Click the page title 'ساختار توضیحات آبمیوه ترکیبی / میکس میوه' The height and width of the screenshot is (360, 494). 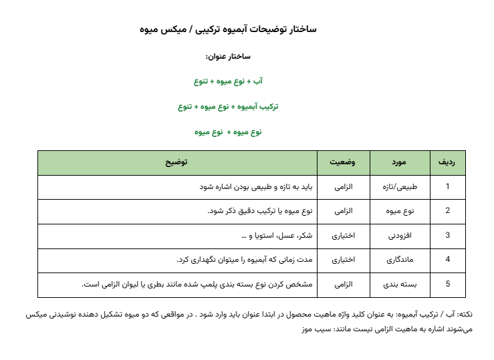229,29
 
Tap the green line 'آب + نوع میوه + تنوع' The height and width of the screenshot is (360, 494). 229,81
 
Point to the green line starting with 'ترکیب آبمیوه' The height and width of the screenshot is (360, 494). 229,106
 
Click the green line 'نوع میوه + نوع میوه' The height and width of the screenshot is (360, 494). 229,132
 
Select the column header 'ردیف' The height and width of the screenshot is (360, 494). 447,162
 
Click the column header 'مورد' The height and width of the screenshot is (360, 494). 400,162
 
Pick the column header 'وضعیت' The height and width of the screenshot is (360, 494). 342,162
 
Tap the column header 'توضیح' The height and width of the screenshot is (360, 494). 176,162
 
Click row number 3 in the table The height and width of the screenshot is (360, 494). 447,235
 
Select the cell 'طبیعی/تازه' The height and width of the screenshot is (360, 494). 406,187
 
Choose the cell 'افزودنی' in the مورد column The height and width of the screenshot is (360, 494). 402,235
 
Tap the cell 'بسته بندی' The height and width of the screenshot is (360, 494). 403,284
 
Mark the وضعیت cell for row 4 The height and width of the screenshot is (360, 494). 343,259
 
